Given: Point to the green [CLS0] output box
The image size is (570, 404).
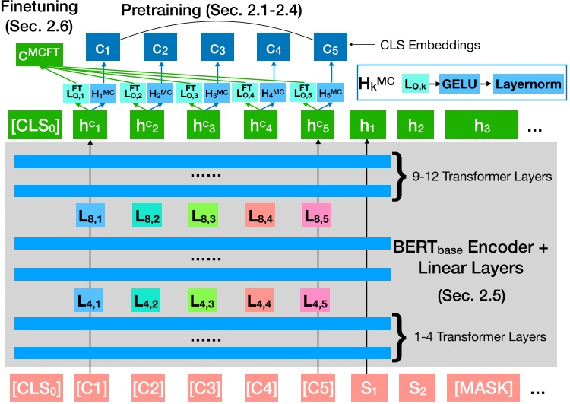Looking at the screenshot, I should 35,123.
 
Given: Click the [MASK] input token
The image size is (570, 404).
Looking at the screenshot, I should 481,387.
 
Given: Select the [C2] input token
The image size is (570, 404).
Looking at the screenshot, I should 148,387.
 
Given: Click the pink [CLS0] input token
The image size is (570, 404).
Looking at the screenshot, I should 35,387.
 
